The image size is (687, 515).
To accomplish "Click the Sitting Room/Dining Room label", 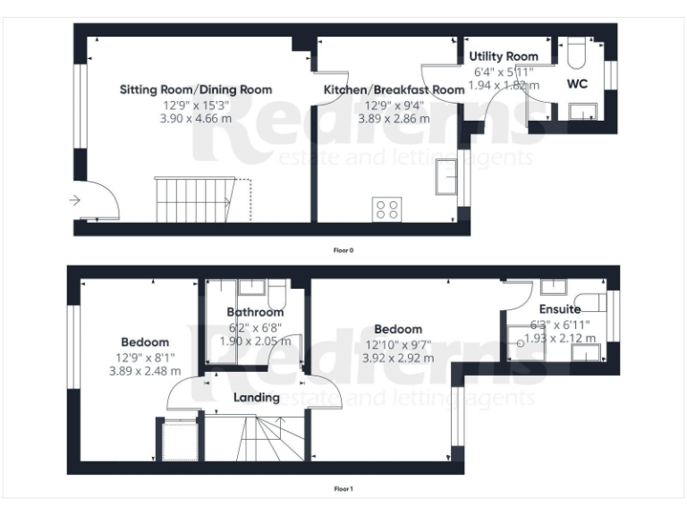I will click(196, 89).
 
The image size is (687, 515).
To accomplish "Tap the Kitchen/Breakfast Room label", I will click(394, 89).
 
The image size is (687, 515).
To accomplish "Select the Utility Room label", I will click(504, 56).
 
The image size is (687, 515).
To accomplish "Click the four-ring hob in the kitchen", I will click(387, 209).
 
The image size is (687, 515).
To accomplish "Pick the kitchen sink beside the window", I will click(445, 176).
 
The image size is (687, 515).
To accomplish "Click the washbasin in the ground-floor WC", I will click(582, 112).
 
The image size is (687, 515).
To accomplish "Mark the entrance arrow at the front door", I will click(75, 200).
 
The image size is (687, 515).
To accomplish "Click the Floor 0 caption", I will click(343, 251).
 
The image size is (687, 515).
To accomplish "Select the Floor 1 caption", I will click(343, 489).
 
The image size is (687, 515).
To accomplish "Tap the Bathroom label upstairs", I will click(255, 312).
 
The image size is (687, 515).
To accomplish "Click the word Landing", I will click(256, 397).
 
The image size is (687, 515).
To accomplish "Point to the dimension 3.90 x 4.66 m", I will click(196, 117).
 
